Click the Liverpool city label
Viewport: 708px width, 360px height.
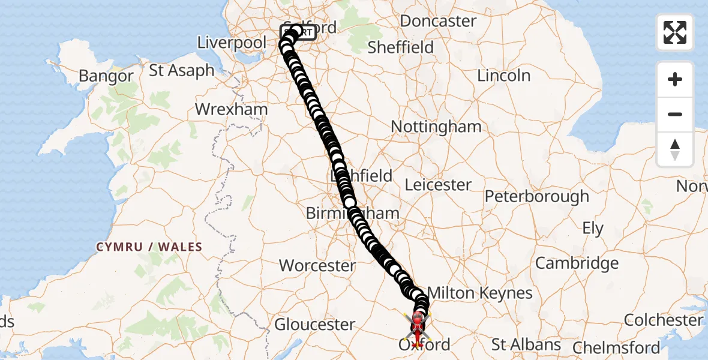pos(232,43)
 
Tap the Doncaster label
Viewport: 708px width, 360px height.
pos(438,21)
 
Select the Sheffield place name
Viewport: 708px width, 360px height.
pos(400,47)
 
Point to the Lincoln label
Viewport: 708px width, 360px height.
pos(504,76)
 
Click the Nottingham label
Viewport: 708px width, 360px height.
pos(436,127)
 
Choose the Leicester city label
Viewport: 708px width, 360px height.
pos(439,185)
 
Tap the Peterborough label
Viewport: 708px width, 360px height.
pos(537,196)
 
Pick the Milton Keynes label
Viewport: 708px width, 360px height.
pos(480,293)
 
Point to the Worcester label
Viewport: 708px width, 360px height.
pos(317,265)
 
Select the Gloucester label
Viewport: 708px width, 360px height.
pos(315,325)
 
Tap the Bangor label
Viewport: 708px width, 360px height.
pos(106,76)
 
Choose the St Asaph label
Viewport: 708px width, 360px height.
pos(181,70)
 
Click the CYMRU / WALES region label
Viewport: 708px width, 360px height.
pos(149,247)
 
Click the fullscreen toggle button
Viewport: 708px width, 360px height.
pos(675,32)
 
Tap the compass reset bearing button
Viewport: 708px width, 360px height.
pos(675,149)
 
